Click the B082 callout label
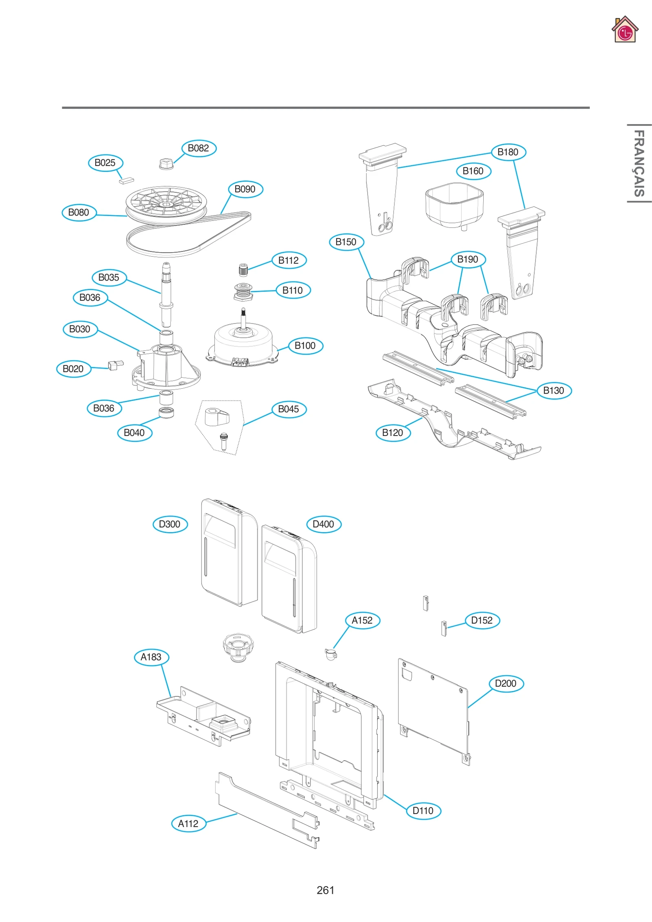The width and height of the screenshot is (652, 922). [x=198, y=148]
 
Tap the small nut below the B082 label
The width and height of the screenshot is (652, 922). [x=165, y=164]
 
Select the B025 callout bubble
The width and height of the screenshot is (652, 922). [x=105, y=163]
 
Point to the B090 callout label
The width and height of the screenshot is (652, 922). [x=245, y=189]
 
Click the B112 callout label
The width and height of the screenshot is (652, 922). [x=289, y=260]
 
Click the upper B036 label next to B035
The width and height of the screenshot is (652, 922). [x=90, y=298]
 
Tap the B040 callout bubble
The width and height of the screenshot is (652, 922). [x=134, y=433]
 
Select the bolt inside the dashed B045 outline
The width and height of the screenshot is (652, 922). [x=223, y=441]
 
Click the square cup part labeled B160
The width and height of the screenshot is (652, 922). [x=454, y=205]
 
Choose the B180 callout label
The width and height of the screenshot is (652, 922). [x=508, y=152]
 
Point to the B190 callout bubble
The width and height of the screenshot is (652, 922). [x=468, y=260]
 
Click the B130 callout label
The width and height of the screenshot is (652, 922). [x=554, y=391]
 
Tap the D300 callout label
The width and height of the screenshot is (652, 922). [x=170, y=524]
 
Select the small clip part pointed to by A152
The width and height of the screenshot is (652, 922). [x=330, y=654]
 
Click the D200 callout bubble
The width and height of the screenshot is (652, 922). [x=506, y=684]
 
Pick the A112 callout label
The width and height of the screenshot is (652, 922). [x=188, y=824]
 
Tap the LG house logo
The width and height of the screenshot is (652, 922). [x=624, y=30]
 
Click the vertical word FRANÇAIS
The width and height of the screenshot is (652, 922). [x=639, y=163]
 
